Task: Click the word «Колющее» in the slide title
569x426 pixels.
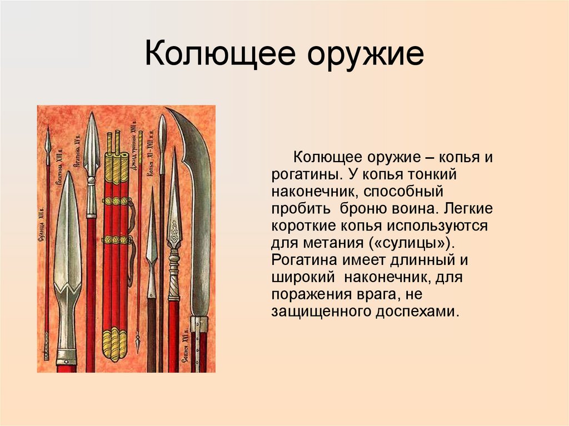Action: click(213, 57)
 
